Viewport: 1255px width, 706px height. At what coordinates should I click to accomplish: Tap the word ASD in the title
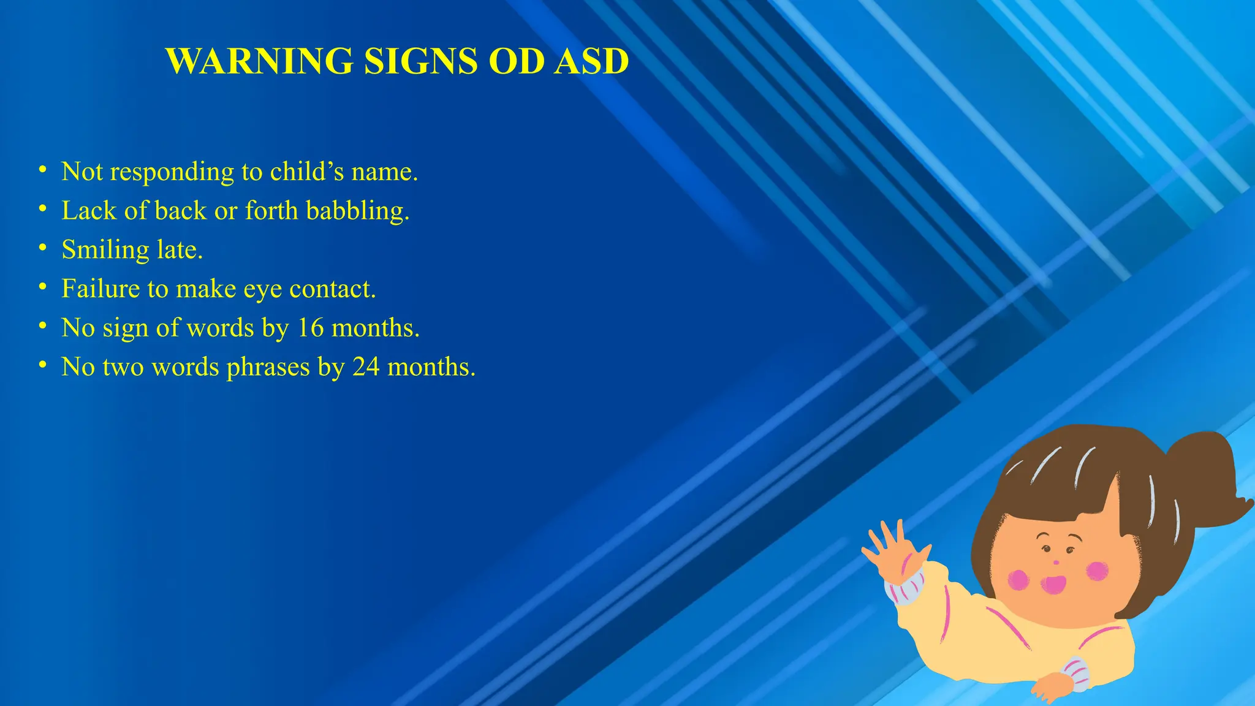(591, 61)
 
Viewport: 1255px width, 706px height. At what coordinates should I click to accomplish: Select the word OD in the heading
(517, 61)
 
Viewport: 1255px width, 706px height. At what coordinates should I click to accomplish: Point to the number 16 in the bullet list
(310, 328)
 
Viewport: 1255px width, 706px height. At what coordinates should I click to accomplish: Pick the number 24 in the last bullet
(366, 367)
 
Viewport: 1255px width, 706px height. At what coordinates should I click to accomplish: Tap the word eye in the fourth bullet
(263, 289)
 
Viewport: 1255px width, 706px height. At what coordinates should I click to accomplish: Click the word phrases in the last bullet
(268, 367)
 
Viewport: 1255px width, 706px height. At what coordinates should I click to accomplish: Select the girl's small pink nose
(1055, 562)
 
